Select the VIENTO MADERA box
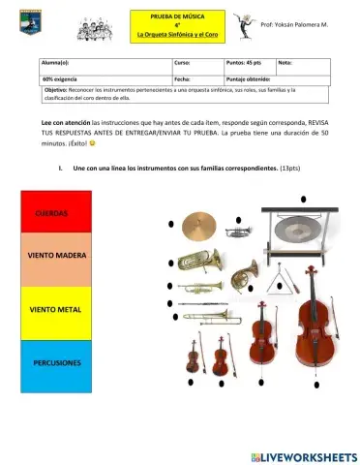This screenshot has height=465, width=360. pyautogui.click(x=54, y=260)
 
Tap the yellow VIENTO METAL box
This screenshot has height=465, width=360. pyautogui.click(x=54, y=312)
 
